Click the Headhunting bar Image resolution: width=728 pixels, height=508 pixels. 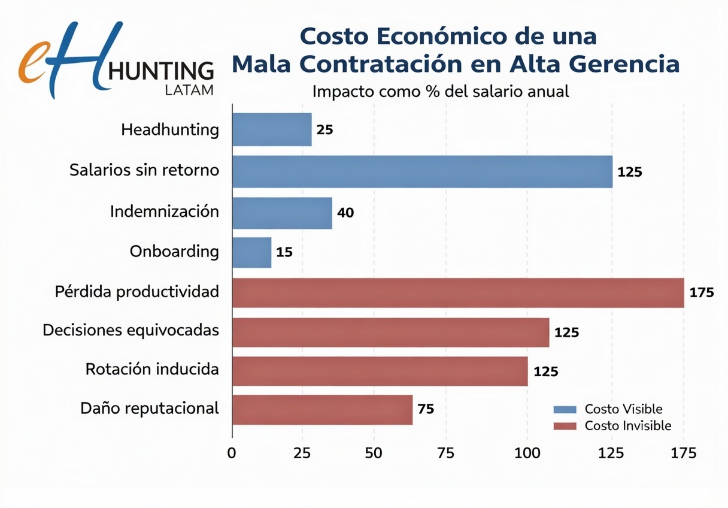pos(272,129)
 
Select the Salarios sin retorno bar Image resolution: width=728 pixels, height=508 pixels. pos(422,171)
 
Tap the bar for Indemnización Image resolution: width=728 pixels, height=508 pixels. pos(282,213)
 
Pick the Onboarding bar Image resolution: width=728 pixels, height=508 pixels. pos(251,252)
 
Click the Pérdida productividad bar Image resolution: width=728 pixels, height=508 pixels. pos(458,293)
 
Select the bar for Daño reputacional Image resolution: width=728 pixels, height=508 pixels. pos(322,410)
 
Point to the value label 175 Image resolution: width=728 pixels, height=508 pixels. pos(702,293)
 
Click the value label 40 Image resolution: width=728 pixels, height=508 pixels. pos(345,213)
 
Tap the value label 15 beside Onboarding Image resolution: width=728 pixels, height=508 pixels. pos(284,252)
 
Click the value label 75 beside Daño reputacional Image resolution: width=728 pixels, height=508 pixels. pos(425,410)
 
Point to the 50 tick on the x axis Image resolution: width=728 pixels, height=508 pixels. pos(374,453)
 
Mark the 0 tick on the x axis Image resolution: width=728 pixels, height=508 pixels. pos(232,453)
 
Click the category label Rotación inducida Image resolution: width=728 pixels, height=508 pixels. pos(152,369)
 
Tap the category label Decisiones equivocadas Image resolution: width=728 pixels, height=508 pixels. pos(131,330)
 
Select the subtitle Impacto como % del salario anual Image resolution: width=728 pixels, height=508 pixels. pos(440,92)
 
